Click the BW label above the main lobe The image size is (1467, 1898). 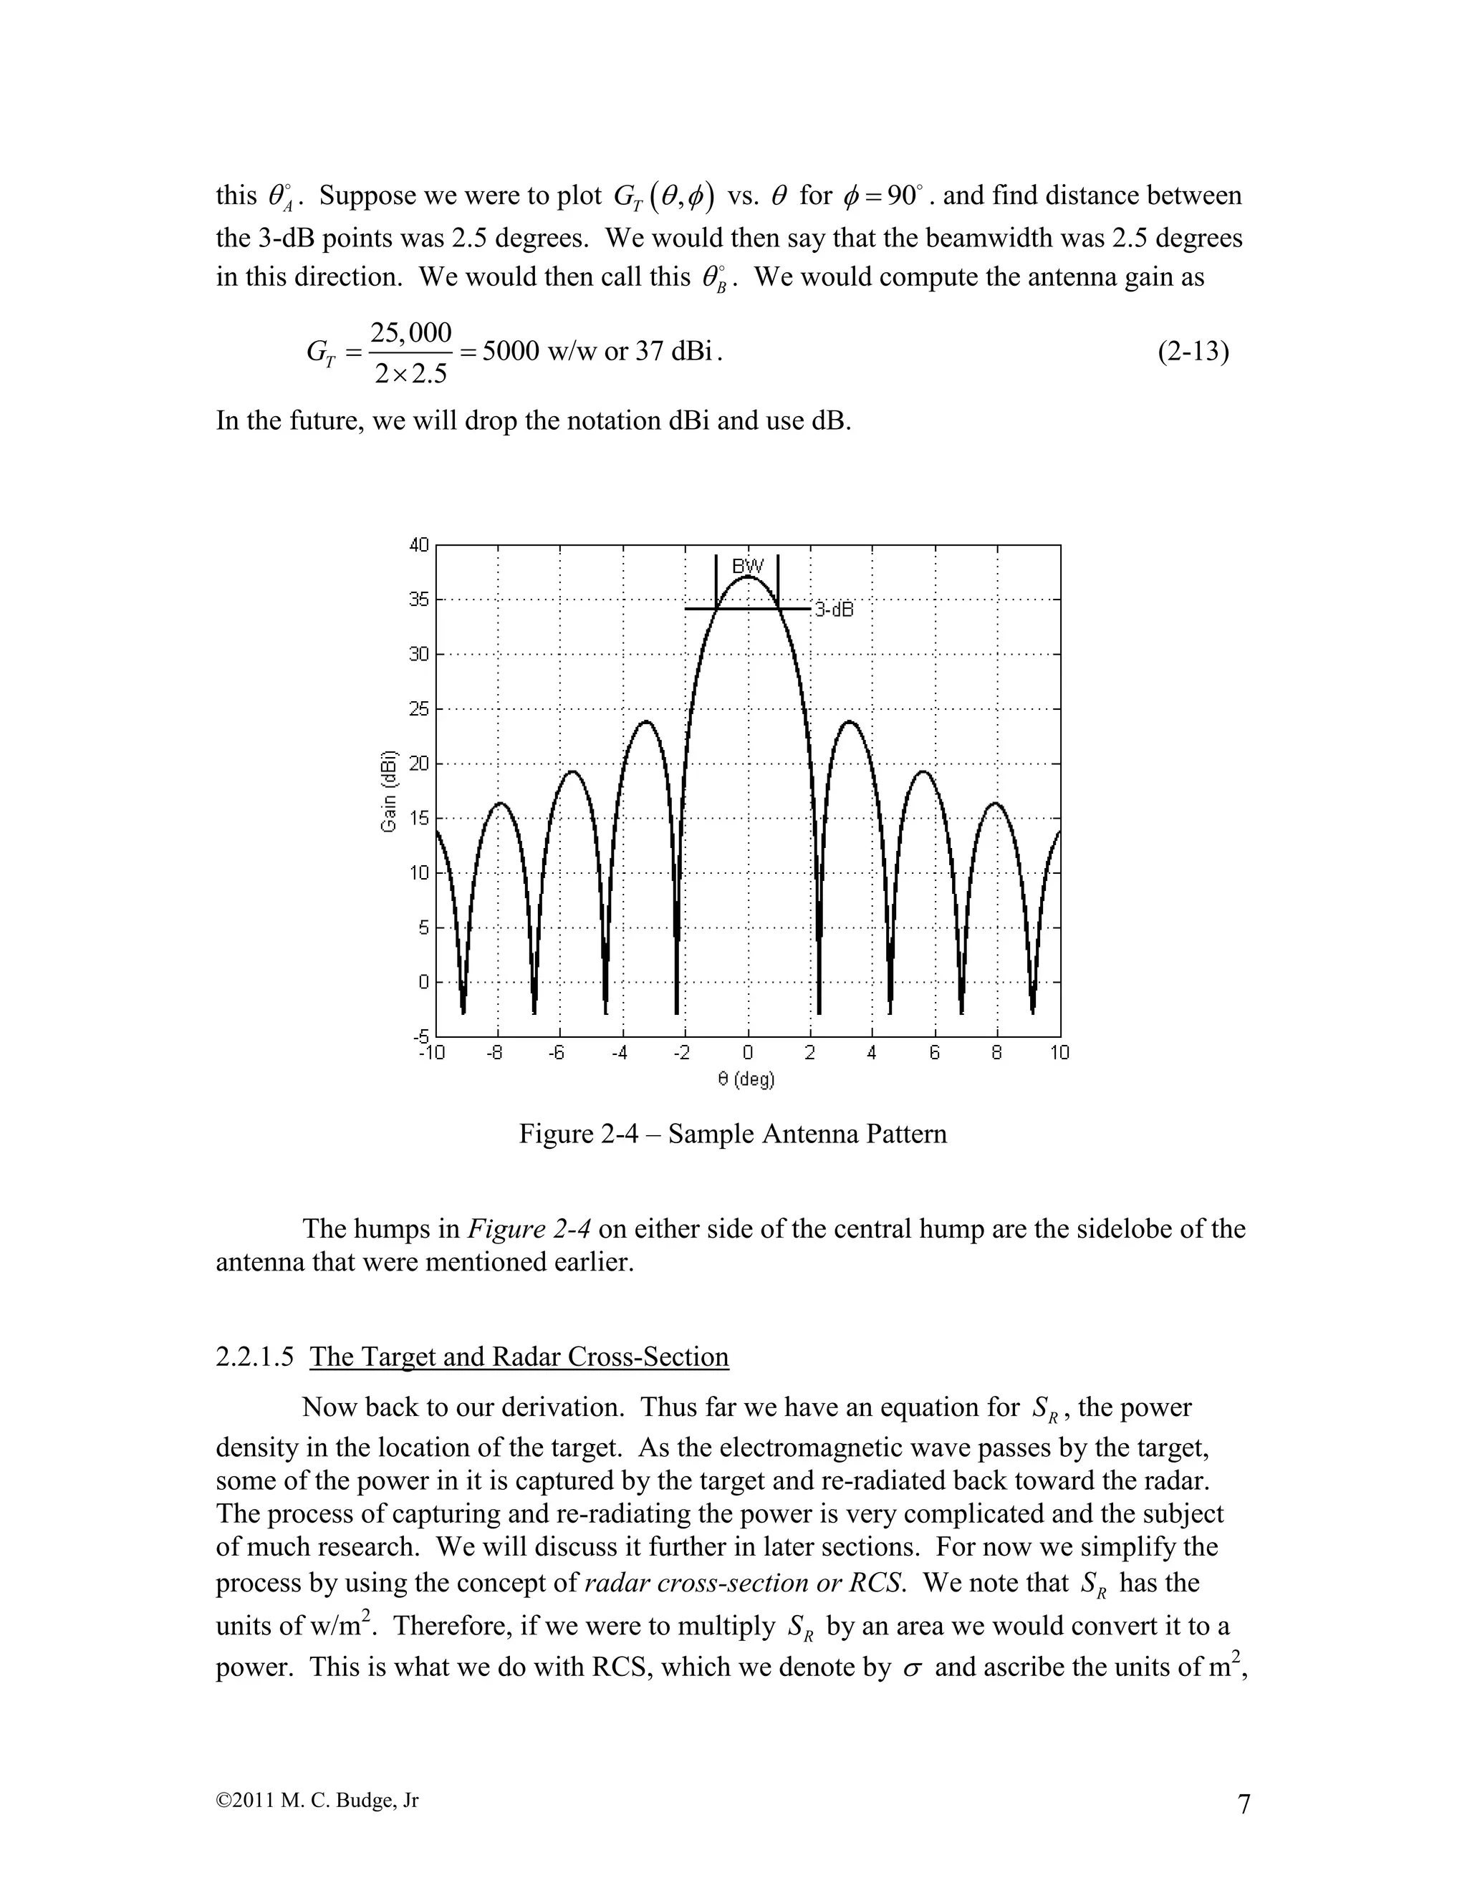pos(747,567)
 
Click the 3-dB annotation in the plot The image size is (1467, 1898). pos(834,610)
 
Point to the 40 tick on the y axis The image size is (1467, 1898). pos(420,545)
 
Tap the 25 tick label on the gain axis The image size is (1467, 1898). pos(420,709)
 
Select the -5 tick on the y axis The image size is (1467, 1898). pos(420,1036)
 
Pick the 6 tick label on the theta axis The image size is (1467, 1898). pos(935,1054)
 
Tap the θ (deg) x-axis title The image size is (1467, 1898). pos(746,1079)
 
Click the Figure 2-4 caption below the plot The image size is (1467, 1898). pos(733,1134)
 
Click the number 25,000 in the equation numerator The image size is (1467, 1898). pos(411,333)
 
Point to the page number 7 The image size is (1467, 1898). pos(1244,1804)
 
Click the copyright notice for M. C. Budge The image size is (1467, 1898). pos(317,1800)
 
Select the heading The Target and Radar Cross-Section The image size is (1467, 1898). pos(519,1357)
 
